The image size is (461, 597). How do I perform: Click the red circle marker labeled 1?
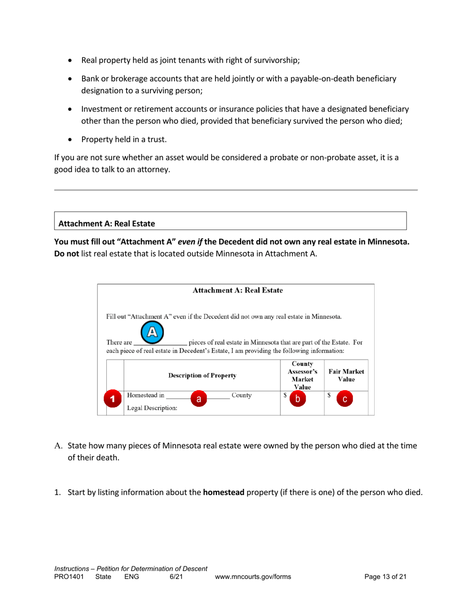pyautogui.click(x=113, y=399)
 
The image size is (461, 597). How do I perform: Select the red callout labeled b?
pyautogui.click(x=297, y=399)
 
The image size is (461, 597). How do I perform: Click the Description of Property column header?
pyautogui.click(x=202, y=375)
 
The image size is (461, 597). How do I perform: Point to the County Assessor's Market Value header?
pyautogui.click(x=302, y=375)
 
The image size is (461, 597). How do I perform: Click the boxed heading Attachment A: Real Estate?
pyautogui.click(x=107, y=224)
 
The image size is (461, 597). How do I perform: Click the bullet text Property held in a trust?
pyautogui.click(x=124, y=140)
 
